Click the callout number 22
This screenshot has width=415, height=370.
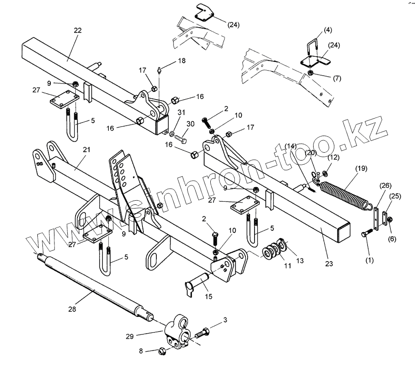(x=77, y=30)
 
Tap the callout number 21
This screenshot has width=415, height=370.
(x=87, y=150)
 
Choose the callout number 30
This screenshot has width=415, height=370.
(x=190, y=124)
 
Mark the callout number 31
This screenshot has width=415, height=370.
(x=182, y=113)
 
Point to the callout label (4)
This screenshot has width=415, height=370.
(x=327, y=30)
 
